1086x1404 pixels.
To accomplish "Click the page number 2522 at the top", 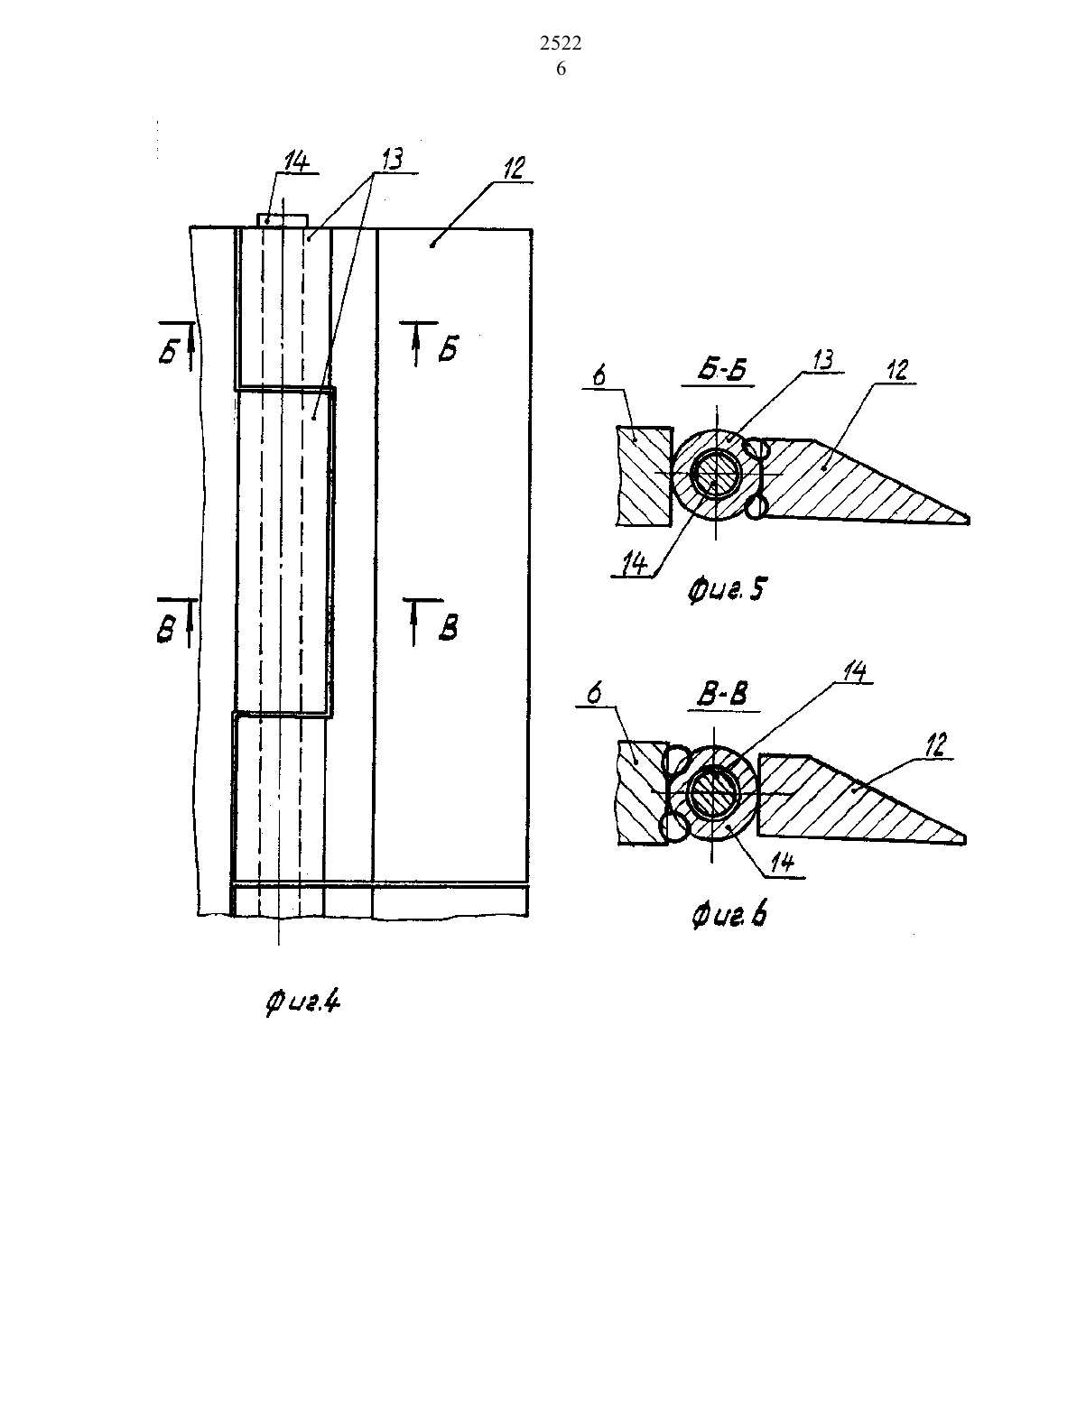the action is coord(561,43).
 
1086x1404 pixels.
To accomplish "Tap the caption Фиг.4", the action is coord(302,1002).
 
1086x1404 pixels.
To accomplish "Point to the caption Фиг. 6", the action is coord(729,914).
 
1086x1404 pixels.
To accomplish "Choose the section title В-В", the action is coord(723,695).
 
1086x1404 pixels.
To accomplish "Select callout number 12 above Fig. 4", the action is coord(513,168).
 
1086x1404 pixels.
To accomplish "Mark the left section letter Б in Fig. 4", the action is coord(170,352).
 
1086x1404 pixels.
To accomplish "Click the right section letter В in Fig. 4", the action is coord(448,628).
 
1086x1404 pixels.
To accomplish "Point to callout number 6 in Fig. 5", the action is coord(599,376).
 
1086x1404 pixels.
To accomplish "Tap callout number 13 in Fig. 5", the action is coord(821,361).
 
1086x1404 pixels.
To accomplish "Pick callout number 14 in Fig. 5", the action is coord(635,566).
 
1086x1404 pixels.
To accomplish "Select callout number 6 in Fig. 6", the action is coord(594,693).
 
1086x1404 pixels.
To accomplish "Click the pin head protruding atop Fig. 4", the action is coord(283,220).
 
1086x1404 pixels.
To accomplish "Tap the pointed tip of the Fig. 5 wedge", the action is coord(969,519).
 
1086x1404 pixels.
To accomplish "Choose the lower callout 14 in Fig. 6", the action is coord(782,863).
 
